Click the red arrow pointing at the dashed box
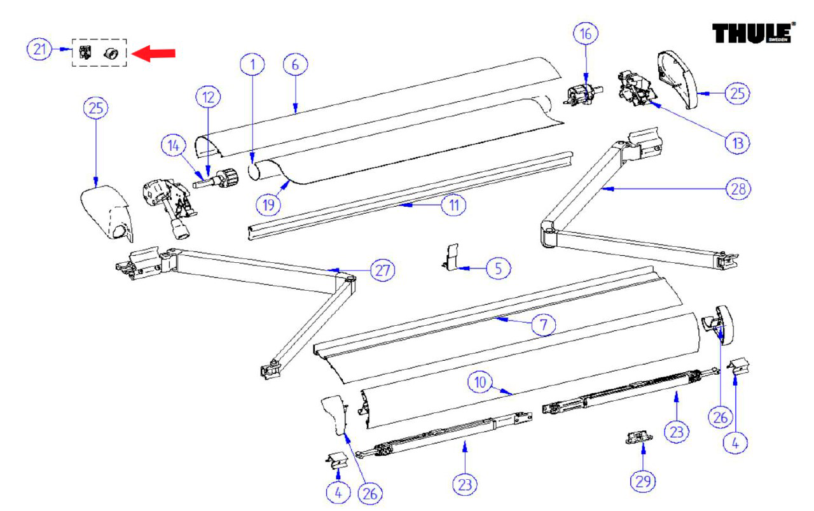pyautogui.click(x=153, y=53)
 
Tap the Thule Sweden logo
pyautogui.click(x=754, y=33)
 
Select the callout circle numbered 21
pyautogui.click(x=39, y=49)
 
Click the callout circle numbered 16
pyautogui.click(x=586, y=34)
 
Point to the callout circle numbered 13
pyautogui.click(x=737, y=143)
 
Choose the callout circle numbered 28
pyautogui.click(x=738, y=189)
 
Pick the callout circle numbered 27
pyautogui.click(x=382, y=270)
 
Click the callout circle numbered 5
pyautogui.click(x=498, y=269)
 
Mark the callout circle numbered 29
pyautogui.click(x=642, y=482)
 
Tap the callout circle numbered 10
pyautogui.click(x=480, y=382)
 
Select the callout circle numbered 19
pyautogui.click(x=268, y=205)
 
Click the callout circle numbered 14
pyautogui.click(x=174, y=146)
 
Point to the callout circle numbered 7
pyautogui.click(x=544, y=325)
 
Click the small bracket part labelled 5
pyautogui.click(x=451, y=257)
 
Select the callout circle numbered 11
pyautogui.click(x=454, y=205)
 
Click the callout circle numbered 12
pyautogui.click(x=208, y=97)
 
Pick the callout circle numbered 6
pyautogui.click(x=295, y=65)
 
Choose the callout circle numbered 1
pyautogui.click(x=252, y=64)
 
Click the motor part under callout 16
pyautogui.click(x=582, y=94)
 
